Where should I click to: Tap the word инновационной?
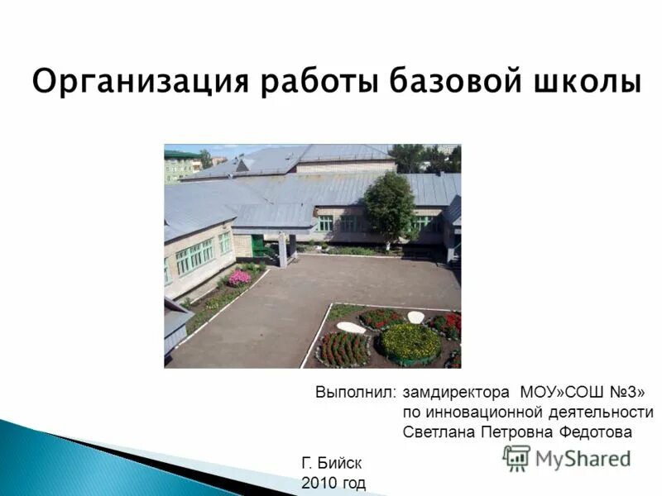coord(479,412)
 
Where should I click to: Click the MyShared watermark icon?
coord(516,458)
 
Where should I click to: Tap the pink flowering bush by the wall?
coord(239,278)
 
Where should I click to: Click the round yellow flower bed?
coord(410,341)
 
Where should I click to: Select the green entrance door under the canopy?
coord(259,246)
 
